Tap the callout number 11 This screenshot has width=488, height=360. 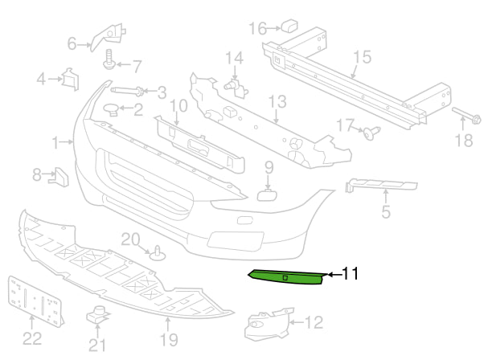tap(350, 274)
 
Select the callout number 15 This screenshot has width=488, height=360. tap(362, 57)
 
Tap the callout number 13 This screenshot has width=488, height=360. tap(277, 101)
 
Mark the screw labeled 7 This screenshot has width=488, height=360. tap(108, 62)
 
